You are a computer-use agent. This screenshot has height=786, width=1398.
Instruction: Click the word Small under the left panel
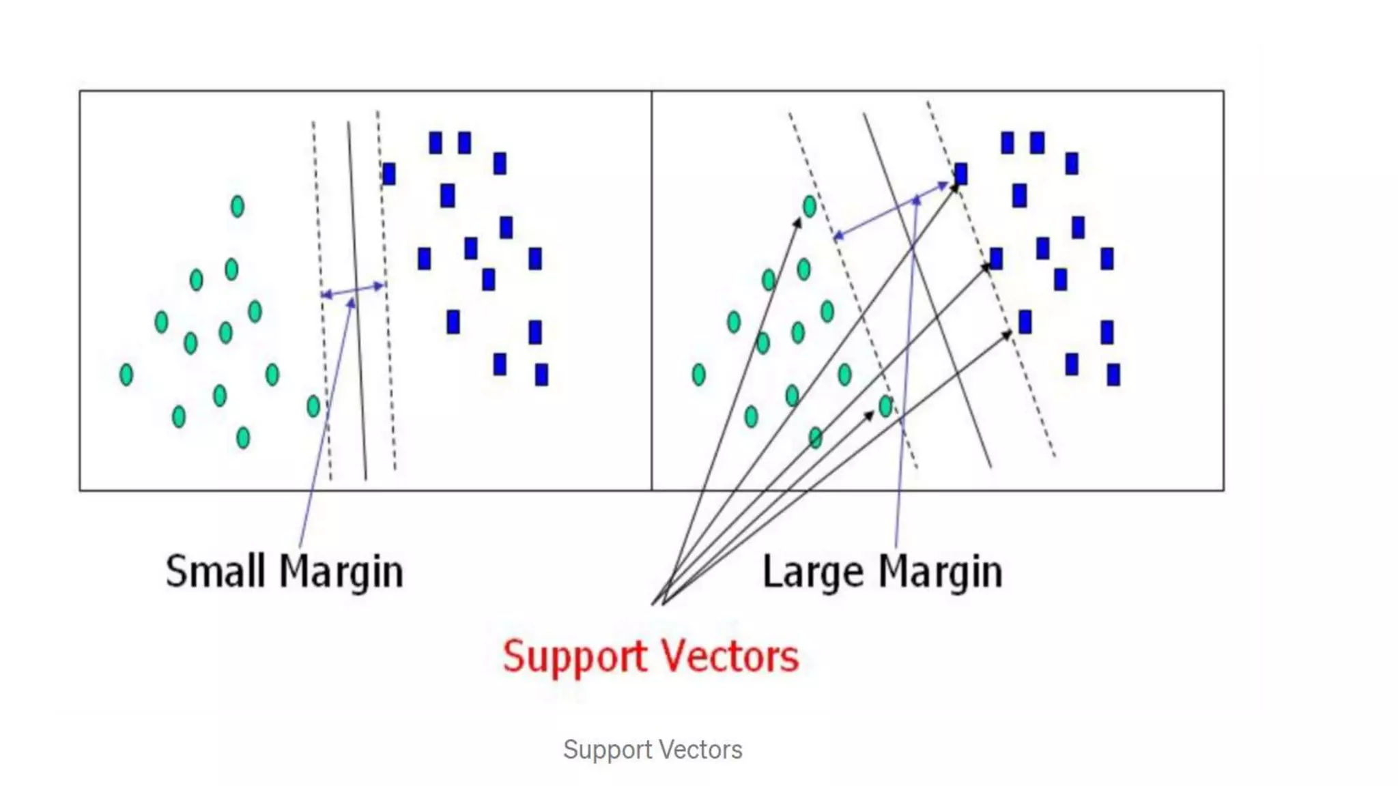tap(215, 572)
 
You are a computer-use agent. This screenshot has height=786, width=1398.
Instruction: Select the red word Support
tap(575, 657)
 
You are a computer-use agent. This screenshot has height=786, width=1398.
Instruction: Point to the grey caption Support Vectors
tap(653, 750)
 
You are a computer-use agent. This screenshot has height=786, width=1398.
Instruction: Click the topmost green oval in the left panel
tap(238, 206)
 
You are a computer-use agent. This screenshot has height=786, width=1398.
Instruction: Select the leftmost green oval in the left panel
tap(126, 375)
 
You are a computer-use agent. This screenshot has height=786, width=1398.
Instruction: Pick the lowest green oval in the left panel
tap(243, 437)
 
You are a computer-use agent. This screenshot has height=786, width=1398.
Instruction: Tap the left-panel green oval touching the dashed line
tap(313, 407)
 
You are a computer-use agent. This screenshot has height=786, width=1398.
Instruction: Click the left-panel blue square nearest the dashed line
tap(389, 174)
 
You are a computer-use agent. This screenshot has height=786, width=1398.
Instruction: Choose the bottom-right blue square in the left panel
tap(541, 375)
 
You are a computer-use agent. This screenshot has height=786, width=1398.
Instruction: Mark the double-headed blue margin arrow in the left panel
tap(353, 291)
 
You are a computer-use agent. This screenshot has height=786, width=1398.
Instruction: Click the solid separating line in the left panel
tap(357, 300)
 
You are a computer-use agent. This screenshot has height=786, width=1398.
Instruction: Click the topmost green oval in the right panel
tap(810, 206)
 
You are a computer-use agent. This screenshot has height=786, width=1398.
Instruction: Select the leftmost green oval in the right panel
tap(698, 375)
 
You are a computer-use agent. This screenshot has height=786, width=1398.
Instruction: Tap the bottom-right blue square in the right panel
tap(1113, 375)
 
